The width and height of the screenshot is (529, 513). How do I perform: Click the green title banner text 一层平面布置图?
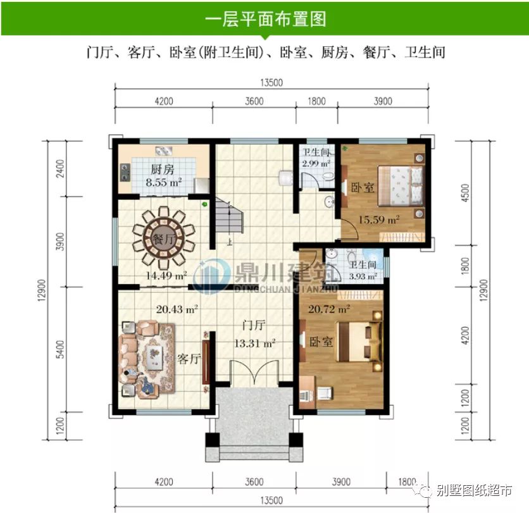coord(265,18)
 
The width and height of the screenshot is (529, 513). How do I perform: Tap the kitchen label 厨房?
coord(162,170)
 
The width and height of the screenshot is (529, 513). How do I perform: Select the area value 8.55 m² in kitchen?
coord(163,182)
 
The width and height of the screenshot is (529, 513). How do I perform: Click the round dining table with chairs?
coord(163,238)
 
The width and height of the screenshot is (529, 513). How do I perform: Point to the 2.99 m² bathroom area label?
coord(314,164)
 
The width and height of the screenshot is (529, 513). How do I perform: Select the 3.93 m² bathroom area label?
coord(363,276)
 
